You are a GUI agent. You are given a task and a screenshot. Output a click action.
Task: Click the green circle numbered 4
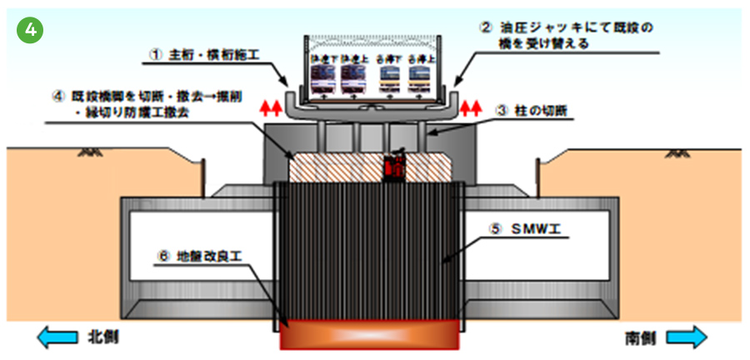click(x=29, y=29)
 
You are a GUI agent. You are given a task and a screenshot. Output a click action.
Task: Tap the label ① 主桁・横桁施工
click(x=203, y=55)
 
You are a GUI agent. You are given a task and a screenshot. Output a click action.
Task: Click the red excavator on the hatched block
click(x=393, y=167)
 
